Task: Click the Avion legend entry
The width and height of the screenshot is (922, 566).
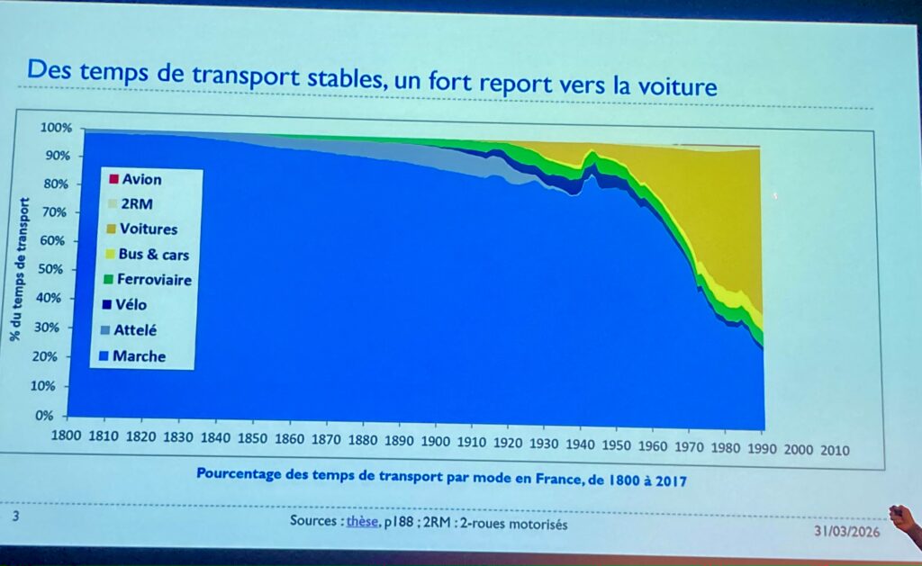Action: pos(140,179)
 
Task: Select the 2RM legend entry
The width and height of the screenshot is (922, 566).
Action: pos(135,203)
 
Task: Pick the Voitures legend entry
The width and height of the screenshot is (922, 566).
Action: pos(148,229)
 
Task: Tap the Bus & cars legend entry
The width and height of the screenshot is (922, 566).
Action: pos(153,255)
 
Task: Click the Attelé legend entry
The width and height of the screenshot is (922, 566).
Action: pos(135,330)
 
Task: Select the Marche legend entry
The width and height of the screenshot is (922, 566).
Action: pos(139,356)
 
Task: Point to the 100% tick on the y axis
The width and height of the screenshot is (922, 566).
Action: pos(54,128)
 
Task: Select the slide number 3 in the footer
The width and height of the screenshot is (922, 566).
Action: pos(15,517)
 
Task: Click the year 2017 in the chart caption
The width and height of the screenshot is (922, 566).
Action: pos(671,481)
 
